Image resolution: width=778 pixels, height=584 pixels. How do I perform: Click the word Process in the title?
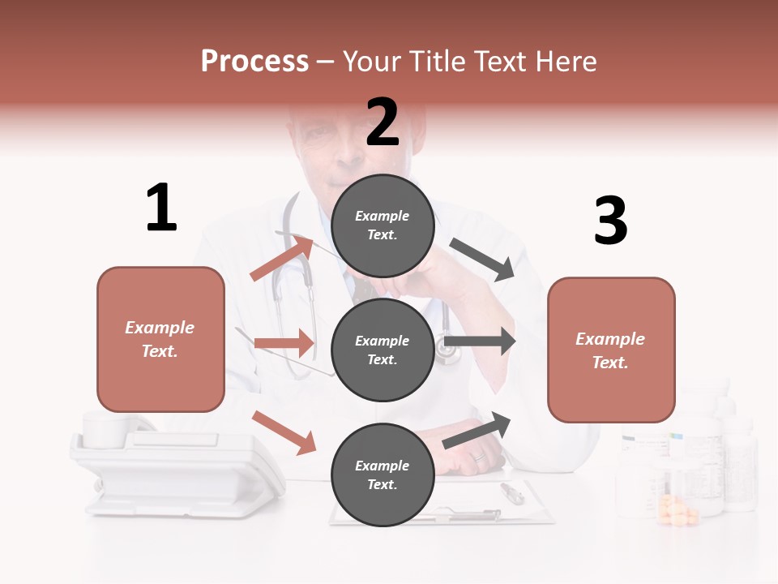[x=254, y=61]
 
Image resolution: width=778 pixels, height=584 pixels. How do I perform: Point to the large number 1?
[x=161, y=208]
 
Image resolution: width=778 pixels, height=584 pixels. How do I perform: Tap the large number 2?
[x=383, y=122]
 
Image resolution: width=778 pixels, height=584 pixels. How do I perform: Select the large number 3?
[x=610, y=221]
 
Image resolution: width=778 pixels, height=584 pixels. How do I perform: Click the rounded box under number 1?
[x=160, y=339]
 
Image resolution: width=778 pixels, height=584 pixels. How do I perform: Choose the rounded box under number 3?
[x=611, y=350]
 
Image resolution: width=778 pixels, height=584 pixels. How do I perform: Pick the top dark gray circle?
[x=383, y=225]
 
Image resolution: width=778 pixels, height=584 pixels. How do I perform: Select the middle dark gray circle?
[x=383, y=350]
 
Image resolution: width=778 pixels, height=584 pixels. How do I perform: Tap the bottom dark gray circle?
[x=383, y=474]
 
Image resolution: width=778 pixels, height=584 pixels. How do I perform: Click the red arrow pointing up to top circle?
[x=282, y=258]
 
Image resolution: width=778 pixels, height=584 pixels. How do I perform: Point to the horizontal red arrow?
[x=284, y=343]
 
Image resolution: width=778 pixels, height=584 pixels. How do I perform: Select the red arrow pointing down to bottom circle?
[x=284, y=432]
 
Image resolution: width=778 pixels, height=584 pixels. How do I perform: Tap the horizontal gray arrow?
[x=480, y=341]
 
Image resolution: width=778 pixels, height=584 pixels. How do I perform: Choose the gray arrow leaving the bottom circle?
[x=477, y=430]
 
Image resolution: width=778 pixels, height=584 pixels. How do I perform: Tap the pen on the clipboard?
[x=511, y=492]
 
